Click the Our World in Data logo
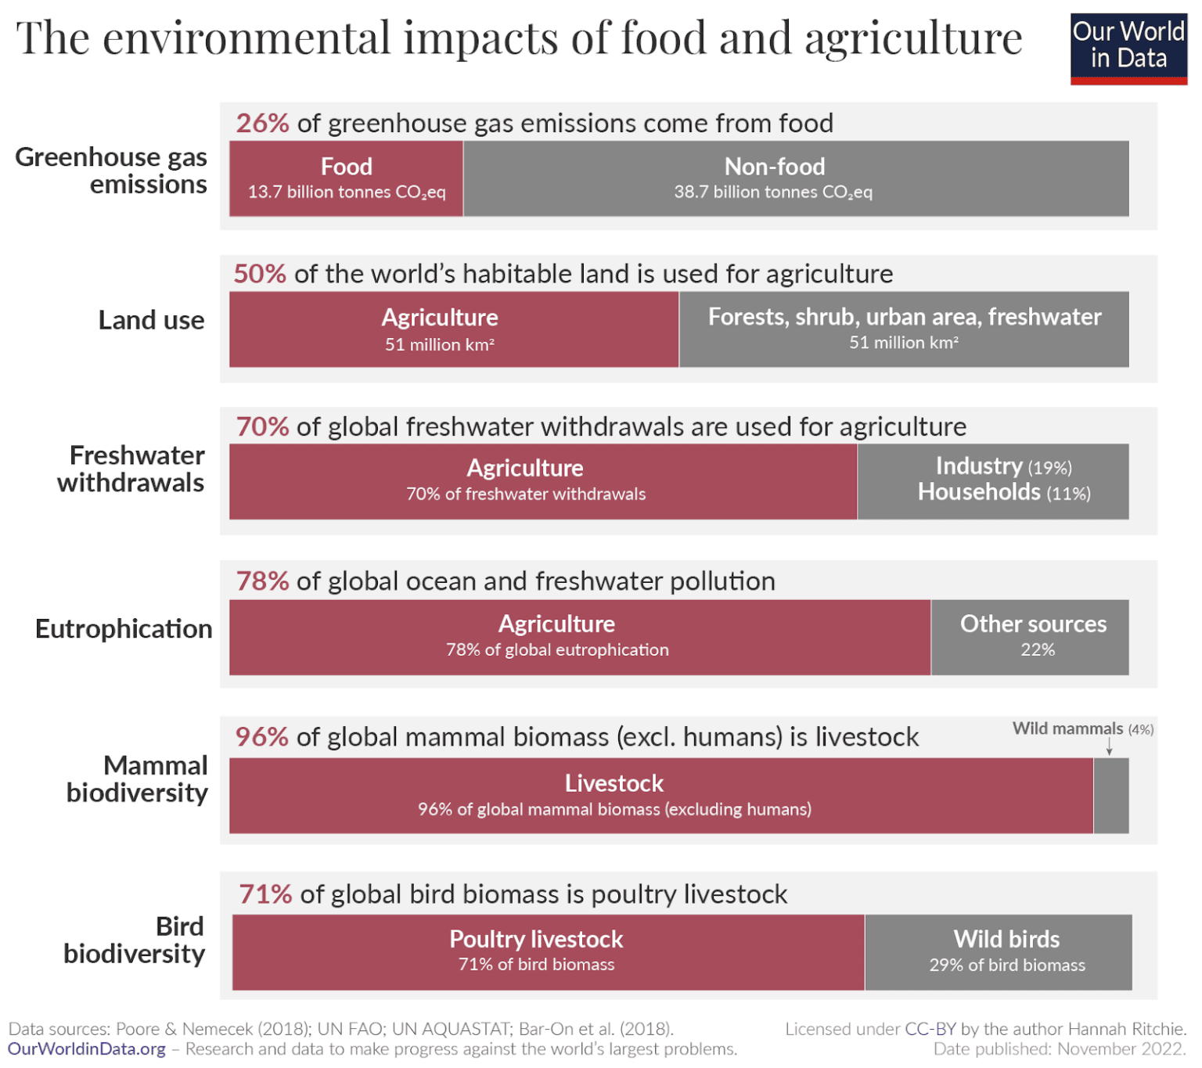click(x=1128, y=49)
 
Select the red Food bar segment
click(x=346, y=178)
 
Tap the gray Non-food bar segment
click(x=795, y=178)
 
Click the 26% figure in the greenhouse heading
click(x=262, y=124)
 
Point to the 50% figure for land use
click(x=260, y=274)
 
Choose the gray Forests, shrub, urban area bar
click(x=904, y=329)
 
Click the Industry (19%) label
click(x=1003, y=467)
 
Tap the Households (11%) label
click(x=1003, y=492)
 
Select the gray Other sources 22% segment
click(x=1030, y=637)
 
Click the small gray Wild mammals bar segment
click(x=1111, y=796)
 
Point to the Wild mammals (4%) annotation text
click(x=1082, y=728)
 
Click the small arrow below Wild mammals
click(x=1109, y=747)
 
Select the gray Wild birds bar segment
click(x=999, y=952)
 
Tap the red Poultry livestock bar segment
click(x=548, y=952)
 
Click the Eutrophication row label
click(x=124, y=629)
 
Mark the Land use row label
click(x=151, y=321)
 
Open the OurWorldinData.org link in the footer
click(x=87, y=1049)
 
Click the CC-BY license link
click(x=930, y=1029)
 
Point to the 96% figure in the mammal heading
click(x=261, y=737)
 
